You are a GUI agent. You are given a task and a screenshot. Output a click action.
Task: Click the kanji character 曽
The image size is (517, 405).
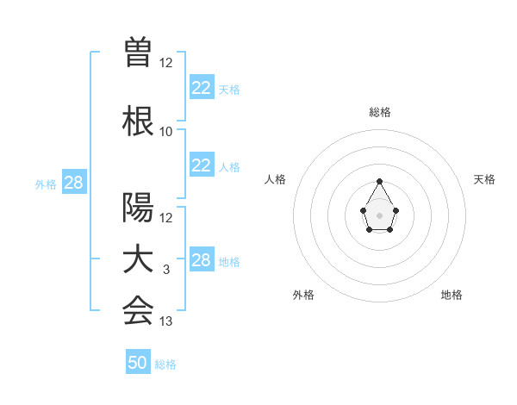138,53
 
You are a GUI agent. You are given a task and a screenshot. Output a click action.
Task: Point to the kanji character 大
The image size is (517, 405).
138,260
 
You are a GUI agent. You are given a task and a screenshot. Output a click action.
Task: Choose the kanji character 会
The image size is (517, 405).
138,311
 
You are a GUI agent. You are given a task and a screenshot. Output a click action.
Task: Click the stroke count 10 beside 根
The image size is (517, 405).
166,132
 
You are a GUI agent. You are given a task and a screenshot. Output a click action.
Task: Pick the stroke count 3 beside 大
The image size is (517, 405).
166,270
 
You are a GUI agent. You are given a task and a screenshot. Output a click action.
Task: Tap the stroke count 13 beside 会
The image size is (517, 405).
166,321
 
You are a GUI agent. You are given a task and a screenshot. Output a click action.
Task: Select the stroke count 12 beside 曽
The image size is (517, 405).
166,63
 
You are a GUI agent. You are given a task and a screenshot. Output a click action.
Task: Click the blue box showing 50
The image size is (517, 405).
138,363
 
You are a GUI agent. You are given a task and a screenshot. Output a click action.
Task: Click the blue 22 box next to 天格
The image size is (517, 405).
201,88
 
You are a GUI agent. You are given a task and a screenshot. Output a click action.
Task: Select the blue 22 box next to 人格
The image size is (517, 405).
201,165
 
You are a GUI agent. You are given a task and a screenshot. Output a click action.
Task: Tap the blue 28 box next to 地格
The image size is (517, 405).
201,260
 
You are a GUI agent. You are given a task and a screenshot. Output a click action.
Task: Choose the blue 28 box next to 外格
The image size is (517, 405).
73,183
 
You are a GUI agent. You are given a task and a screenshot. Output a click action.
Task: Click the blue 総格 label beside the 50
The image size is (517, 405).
165,364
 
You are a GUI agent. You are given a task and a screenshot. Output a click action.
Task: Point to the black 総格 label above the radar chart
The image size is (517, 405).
380,112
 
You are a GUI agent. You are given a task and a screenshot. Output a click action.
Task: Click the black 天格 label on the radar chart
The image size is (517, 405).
484,179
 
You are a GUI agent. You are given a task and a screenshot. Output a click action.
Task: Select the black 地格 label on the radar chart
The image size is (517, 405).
452,295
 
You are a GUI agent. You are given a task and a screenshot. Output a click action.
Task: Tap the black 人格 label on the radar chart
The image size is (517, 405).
275,179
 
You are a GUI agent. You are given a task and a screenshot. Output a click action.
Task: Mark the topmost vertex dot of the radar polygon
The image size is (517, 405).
380,181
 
